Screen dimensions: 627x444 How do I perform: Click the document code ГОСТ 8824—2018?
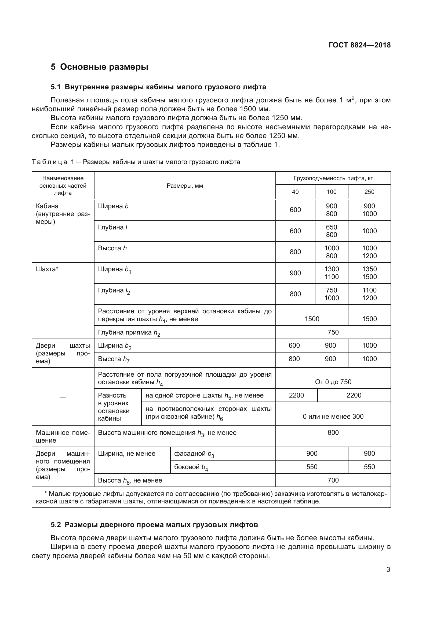click(359, 45)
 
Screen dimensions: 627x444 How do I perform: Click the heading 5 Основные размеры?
click(99, 67)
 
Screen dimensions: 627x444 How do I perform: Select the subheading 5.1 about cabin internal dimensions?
click(158, 87)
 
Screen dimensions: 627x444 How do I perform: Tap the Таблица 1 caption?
click(136, 162)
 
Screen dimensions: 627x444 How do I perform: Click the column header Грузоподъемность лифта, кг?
click(333, 178)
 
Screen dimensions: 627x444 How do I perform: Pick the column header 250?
click(369, 192)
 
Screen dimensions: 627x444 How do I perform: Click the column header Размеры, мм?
click(184, 186)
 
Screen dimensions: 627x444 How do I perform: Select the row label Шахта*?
click(47, 269)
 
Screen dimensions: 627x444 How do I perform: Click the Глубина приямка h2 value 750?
click(333, 332)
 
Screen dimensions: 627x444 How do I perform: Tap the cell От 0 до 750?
click(333, 382)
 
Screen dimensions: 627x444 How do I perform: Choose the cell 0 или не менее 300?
click(333, 417)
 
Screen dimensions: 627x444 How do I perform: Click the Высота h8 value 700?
click(333, 480)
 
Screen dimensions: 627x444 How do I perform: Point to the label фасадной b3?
click(194, 454)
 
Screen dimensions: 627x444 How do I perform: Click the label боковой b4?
click(191, 467)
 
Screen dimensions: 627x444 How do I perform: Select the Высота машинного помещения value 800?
click(333, 433)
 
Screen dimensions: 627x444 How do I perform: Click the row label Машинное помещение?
click(63, 436)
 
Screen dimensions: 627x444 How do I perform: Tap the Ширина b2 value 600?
click(294, 346)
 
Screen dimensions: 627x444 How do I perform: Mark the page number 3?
click(388, 570)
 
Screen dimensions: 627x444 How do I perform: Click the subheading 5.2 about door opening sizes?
click(154, 525)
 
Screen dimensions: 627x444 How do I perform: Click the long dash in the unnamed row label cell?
click(63, 397)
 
